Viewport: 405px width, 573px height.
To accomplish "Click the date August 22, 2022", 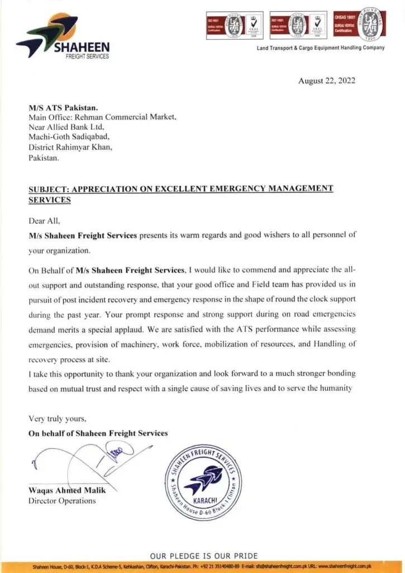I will (327, 81).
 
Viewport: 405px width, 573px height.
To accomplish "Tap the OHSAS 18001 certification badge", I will (358, 25).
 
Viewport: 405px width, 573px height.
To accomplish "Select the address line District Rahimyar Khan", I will (70, 148).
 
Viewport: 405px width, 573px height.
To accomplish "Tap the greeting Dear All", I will (44, 220).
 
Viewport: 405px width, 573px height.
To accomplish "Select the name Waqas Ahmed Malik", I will (67, 491).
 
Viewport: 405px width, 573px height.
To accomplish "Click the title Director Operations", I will (62, 500).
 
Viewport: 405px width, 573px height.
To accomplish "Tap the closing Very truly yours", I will (58, 419).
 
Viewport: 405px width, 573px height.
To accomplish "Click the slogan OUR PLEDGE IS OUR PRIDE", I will (204, 556).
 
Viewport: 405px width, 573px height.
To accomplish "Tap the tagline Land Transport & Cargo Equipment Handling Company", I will (321, 48).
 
